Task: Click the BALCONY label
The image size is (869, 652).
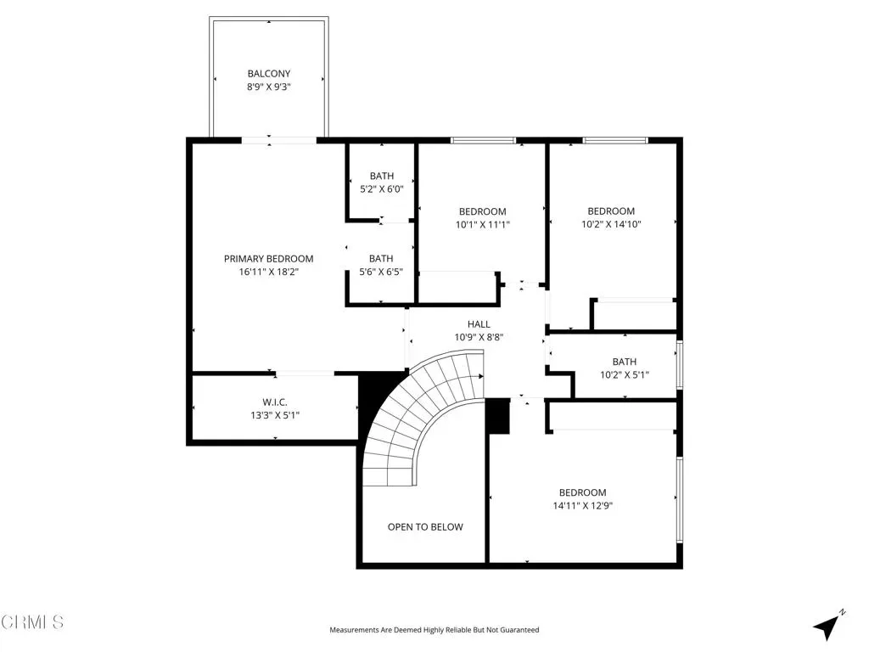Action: [x=269, y=73]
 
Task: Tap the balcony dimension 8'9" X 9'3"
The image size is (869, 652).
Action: [x=269, y=87]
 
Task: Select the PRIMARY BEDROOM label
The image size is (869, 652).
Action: [x=269, y=258]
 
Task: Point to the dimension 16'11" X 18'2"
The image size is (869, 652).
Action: [x=269, y=272]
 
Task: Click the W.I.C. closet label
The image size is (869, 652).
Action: [x=275, y=402]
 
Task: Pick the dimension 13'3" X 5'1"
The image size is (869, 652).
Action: [x=275, y=415]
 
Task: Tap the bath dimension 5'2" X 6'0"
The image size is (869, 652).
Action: [x=382, y=189]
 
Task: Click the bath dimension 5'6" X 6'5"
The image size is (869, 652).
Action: [x=381, y=272]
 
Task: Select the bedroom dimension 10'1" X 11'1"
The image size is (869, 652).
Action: [x=483, y=224]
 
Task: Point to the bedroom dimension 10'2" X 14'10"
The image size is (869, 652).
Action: [x=611, y=224]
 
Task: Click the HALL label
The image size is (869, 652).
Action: [x=479, y=324]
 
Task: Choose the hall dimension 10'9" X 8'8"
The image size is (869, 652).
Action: [x=479, y=337]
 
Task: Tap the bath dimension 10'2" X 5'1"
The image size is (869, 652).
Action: [x=625, y=374]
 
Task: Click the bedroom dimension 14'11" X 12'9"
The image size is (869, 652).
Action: [x=582, y=506]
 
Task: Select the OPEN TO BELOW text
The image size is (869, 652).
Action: [x=425, y=526]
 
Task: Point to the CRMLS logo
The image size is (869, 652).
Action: [x=32, y=622]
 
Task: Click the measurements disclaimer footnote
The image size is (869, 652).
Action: [x=434, y=630]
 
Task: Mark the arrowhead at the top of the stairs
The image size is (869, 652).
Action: [x=481, y=376]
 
